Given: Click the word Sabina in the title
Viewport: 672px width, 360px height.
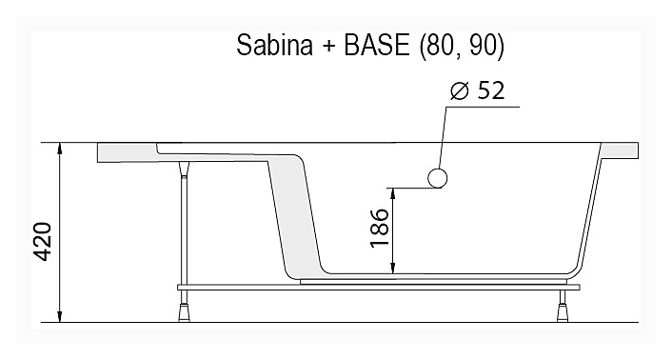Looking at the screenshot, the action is (x=275, y=45).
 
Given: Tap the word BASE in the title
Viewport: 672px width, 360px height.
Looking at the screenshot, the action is (x=377, y=45).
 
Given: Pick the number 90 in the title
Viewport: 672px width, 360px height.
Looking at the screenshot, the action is (x=484, y=45).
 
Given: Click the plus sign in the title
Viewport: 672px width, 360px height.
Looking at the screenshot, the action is (x=328, y=47).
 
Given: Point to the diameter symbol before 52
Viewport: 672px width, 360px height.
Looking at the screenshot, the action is (x=460, y=90).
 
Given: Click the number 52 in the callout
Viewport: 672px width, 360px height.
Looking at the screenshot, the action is (x=491, y=90).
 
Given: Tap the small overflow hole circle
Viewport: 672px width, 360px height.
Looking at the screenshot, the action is (x=438, y=178).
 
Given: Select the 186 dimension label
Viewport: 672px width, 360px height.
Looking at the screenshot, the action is (x=380, y=228).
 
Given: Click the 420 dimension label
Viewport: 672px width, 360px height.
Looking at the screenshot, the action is (x=43, y=242).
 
